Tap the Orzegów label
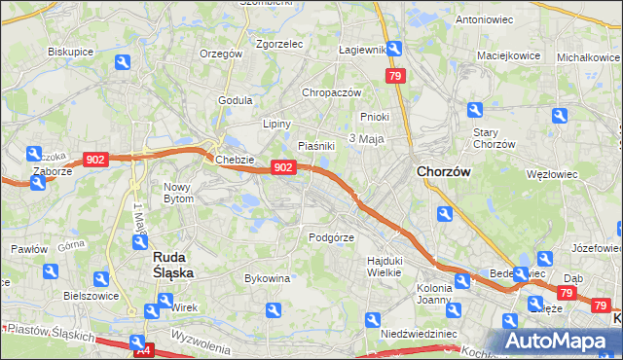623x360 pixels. pos(220,54)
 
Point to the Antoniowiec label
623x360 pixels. pos(484,19)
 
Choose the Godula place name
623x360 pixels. pos(237,99)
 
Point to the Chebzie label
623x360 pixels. pos(236,160)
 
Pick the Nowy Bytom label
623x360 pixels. pos(179,192)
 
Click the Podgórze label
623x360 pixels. pos(331,237)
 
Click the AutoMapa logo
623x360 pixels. pos(560,340)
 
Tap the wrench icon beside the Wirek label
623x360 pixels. pos(151,312)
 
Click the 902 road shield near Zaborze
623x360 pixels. pos(95,160)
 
